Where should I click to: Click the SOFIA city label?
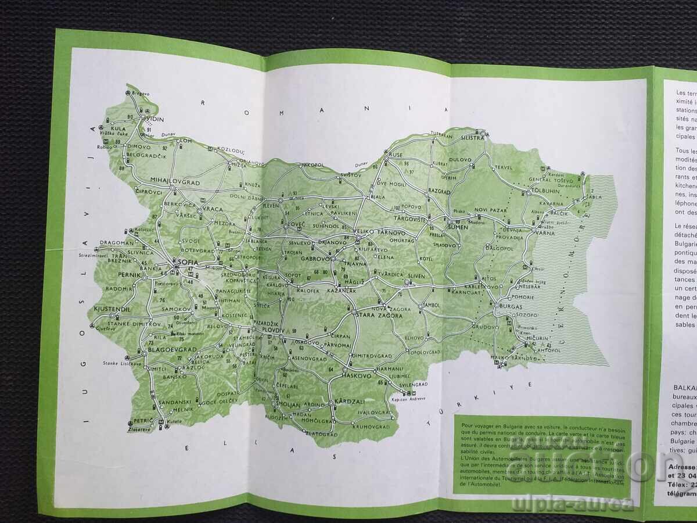coord(188,263)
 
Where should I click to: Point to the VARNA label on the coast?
coord(544,233)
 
